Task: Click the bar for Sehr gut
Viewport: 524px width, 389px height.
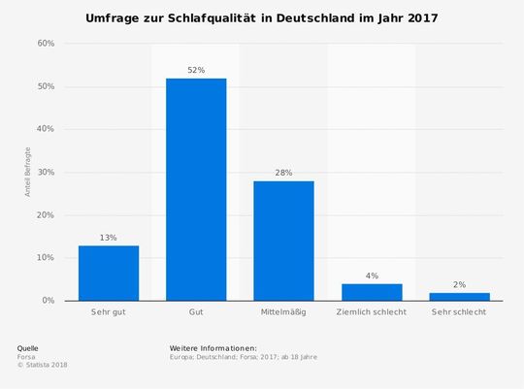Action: [108, 273]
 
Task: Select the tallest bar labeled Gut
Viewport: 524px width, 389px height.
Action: [196, 189]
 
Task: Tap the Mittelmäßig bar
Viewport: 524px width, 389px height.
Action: [283, 241]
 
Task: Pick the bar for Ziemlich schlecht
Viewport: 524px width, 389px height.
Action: [371, 292]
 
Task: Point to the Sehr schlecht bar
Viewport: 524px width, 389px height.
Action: [459, 296]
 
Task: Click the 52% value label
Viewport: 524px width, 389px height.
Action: [196, 70]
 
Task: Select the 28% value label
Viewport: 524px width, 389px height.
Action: [283, 173]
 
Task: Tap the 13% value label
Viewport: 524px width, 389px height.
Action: [108, 237]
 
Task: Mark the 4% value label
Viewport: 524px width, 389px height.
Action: [371, 276]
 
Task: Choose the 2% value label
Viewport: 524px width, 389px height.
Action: [459, 284]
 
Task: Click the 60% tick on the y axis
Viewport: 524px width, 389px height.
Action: [46, 44]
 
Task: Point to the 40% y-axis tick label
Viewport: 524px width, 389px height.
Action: [46, 129]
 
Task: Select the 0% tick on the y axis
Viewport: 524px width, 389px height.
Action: [49, 301]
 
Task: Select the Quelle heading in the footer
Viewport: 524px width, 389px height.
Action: [28, 347]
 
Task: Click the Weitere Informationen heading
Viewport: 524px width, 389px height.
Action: [213, 347]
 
